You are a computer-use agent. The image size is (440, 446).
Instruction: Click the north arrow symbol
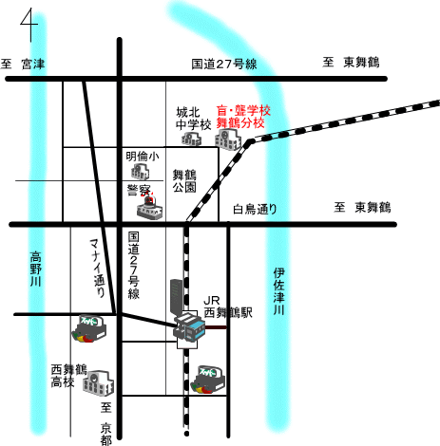point(30,25)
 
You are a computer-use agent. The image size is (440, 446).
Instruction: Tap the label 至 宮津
point(23,65)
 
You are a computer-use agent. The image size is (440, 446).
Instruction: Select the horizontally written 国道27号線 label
point(224,65)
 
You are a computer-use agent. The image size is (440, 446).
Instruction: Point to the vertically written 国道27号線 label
point(134,266)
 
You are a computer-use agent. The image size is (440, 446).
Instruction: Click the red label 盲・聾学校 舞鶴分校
point(243,117)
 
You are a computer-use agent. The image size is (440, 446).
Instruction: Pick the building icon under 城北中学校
point(192,139)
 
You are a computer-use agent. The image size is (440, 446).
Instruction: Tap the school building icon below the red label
point(228,139)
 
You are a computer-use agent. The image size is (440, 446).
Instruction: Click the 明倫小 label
point(143,157)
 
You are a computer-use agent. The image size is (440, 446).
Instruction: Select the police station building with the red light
point(150,207)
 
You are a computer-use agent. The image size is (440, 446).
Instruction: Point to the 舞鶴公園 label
point(184,181)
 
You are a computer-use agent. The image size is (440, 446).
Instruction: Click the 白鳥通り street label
point(255,209)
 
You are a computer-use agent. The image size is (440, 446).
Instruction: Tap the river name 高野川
point(36,269)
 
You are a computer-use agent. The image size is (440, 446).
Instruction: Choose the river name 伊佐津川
point(279,291)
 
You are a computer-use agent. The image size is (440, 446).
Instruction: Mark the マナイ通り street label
point(98,268)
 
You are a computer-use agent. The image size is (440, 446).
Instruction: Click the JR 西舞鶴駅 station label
point(228,307)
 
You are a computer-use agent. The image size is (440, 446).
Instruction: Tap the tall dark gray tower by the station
point(177,297)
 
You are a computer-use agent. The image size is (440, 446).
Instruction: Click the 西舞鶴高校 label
point(68,376)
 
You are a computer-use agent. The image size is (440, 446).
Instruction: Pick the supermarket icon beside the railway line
point(208,380)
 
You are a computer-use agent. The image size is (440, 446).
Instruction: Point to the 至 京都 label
point(106,423)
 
